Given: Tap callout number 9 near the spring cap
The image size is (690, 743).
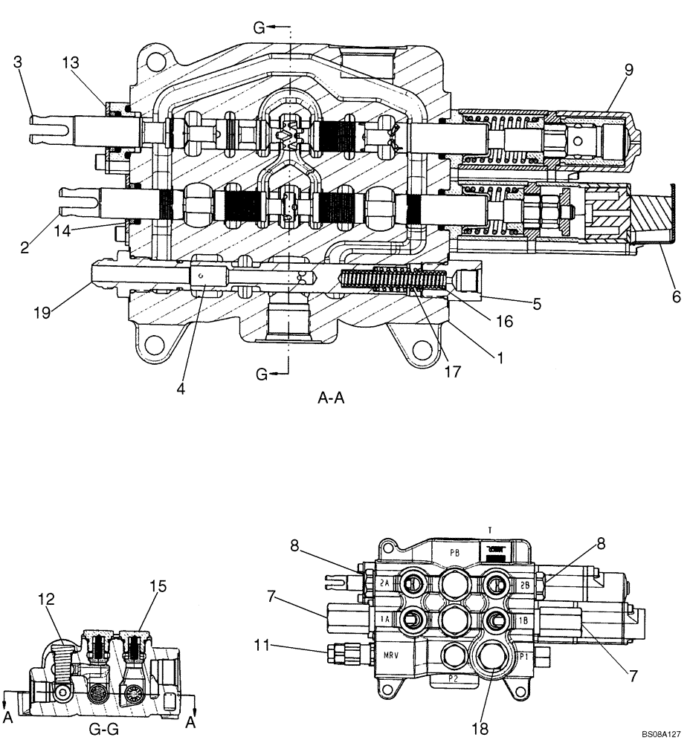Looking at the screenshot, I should tap(628, 71).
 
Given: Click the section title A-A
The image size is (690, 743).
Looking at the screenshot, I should tap(332, 398).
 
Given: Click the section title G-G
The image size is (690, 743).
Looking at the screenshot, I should tap(103, 730).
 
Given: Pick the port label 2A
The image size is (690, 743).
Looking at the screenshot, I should tap(384, 583).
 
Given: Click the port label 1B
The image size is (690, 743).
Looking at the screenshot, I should tap(522, 619).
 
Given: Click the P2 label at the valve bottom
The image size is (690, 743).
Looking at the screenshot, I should tap(452, 678).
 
